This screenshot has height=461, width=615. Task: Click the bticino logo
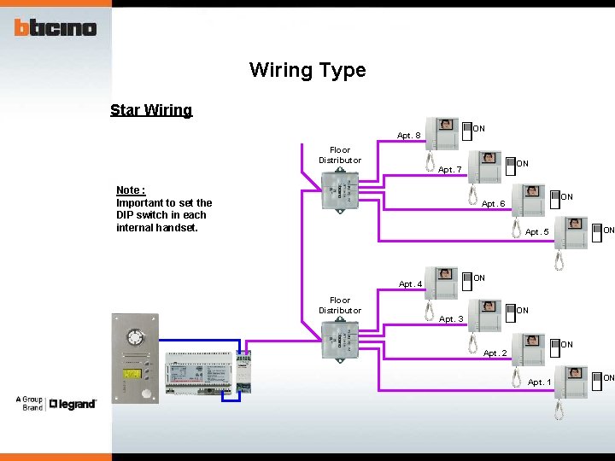pyautogui.click(x=56, y=27)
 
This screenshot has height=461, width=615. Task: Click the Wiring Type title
pyautogui.click(x=307, y=70)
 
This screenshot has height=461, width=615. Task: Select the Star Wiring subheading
pyautogui.click(x=151, y=110)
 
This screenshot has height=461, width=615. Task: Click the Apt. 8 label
pyautogui.click(x=409, y=135)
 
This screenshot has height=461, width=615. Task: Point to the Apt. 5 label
pyautogui.click(x=537, y=232)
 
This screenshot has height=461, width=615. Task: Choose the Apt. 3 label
pyautogui.click(x=451, y=319)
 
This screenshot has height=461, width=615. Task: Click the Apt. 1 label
pyautogui.click(x=540, y=382)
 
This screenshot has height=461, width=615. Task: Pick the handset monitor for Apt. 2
pyautogui.click(x=533, y=349)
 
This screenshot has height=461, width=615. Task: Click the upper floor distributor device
pyautogui.click(x=341, y=190)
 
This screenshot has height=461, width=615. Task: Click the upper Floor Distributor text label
pyautogui.click(x=340, y=155)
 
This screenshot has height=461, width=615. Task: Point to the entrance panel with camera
pyautogui.click(x=135, y=359)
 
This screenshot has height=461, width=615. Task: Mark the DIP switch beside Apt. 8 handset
pyautogui.click(x=466, y=130)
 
